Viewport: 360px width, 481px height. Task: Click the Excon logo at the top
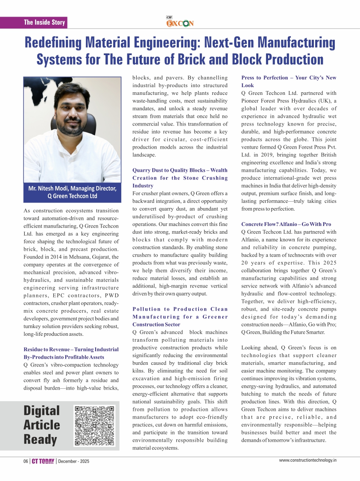pyautogui.click(x=179, y=23)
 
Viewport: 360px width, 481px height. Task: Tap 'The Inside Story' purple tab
pyautogui.click(x=44, y=22)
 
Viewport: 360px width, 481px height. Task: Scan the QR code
pyautogui.click(x=95, y=425)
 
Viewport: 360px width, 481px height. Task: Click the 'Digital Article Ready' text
pyautogui.click(x=42, y=425)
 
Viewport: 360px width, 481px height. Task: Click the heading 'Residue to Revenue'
pyautogui.click(x=71, y=353)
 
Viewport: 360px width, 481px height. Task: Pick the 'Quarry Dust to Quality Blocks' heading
pyautogui.click(x=180, y=178)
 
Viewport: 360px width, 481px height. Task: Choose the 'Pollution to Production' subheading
pyautogui.click(x=180, y=317)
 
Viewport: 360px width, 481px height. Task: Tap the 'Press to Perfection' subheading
pyautogui.click(x=289, y=82)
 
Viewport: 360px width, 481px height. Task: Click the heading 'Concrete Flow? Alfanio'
pyautogui.click(x=286, y=224)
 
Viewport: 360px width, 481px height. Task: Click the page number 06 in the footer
pyautogui.click(x=26, y=461)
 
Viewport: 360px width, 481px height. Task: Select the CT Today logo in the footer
pyautogui.click(x=43, y=461)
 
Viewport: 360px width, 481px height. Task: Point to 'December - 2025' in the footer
pyautogui.click(x=74, y=461)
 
